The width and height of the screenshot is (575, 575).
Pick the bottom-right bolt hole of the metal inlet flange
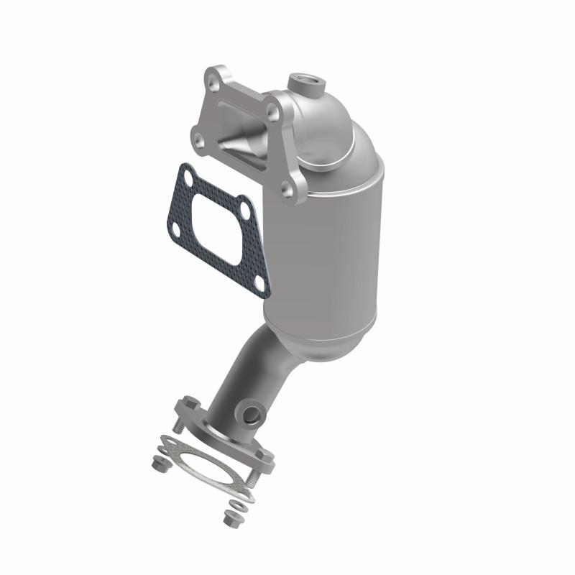(288, 188)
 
